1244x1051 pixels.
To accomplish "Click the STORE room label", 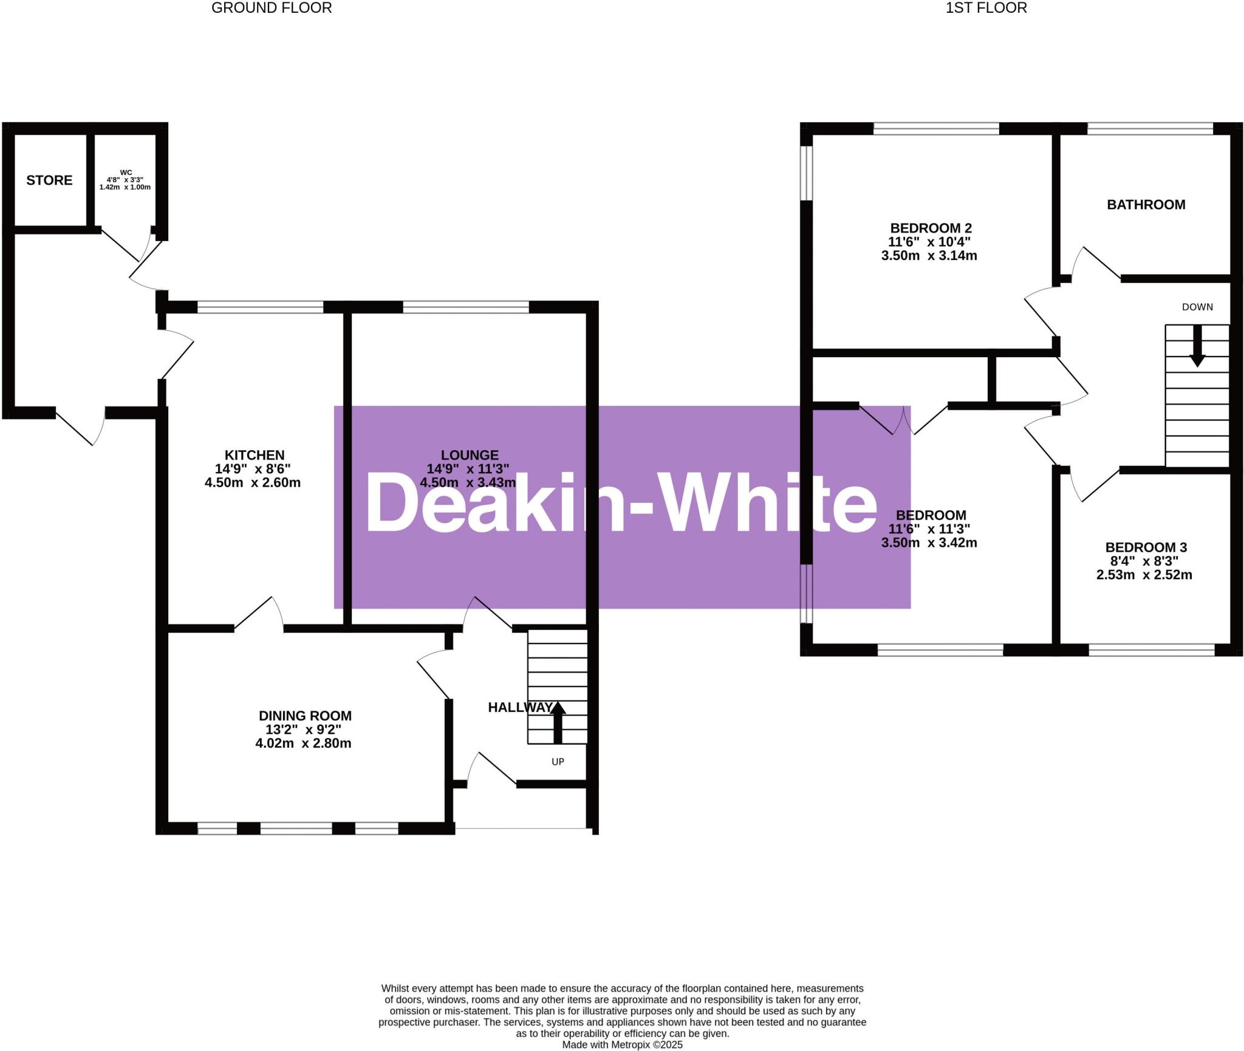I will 49,180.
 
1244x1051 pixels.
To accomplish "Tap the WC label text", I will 126,173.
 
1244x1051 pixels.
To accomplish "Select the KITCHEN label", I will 255,455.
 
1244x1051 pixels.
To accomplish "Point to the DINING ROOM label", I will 305,716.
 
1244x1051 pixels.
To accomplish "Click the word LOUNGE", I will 470,455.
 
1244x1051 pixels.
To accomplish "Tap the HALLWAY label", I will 520,707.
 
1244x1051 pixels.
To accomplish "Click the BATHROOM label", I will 1146,205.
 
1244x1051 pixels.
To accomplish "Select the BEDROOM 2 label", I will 931,228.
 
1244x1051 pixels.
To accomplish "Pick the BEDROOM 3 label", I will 1146,547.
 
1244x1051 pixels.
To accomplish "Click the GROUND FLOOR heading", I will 272,8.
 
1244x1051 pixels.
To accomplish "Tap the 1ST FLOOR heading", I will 986,8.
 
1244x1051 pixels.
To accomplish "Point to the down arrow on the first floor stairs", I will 1197,346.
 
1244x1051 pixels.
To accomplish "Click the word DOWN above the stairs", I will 1197,307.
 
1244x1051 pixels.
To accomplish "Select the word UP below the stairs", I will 558,761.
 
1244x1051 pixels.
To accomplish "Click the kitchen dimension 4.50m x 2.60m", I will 253,483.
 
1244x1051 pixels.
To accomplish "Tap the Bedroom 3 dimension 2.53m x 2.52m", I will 1144,575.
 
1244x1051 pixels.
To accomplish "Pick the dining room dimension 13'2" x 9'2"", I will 303,730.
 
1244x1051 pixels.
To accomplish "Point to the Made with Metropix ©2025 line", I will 622,1045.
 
